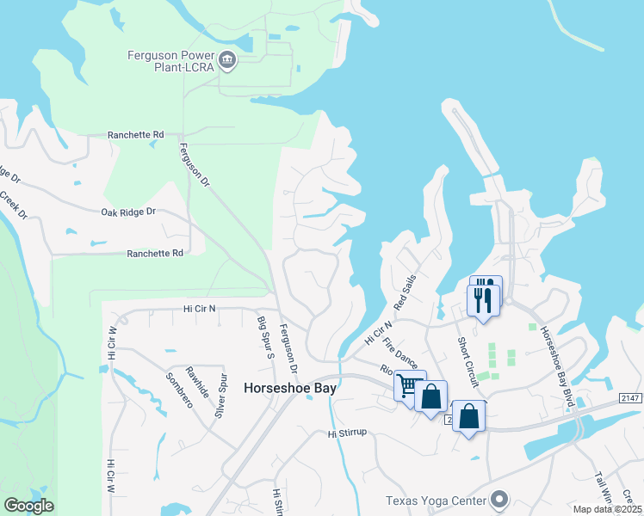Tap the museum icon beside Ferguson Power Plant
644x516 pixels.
[x=227, y=59]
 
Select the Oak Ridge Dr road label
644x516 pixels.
[x=128, y=212]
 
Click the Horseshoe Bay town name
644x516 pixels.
[x=289, y=388]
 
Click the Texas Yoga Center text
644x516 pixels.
[x=435, y=501]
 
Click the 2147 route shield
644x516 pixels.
[x=630, y=398]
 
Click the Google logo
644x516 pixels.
[x=28, y=506]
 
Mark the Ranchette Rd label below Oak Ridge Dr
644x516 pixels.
[x=155, y=254]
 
